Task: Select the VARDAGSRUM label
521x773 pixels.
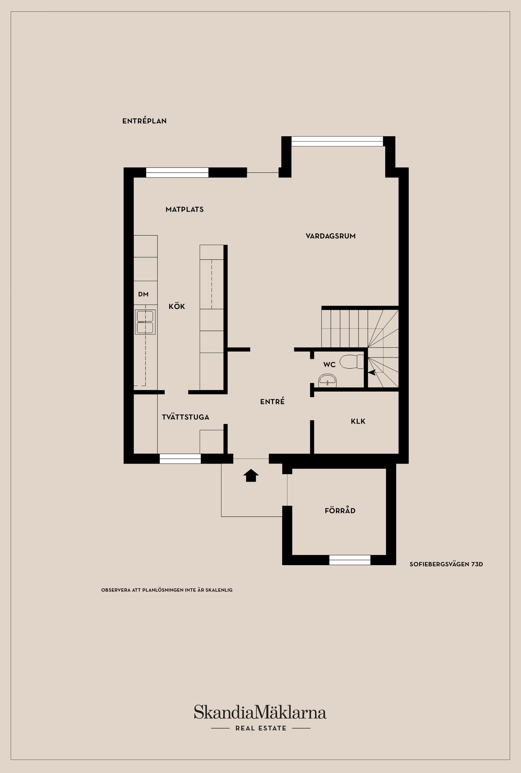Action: [330, 236]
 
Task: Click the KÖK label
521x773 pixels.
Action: [177, 306]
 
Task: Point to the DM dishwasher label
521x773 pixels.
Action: [143, 294]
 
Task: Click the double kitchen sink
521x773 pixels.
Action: [145, 322]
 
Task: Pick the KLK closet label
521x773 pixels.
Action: [358, 421]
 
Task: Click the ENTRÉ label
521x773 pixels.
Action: [272, 402]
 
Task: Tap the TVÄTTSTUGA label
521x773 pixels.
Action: [185, 417]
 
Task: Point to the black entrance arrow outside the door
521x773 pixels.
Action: [251, 475]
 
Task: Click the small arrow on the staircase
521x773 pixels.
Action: [372, 372]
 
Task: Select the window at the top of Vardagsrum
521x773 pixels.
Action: [337, 141]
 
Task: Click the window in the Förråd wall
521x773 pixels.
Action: [350, 560]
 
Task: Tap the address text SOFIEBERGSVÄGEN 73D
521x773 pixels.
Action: [446, 564]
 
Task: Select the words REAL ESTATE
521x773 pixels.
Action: [261, 728]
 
